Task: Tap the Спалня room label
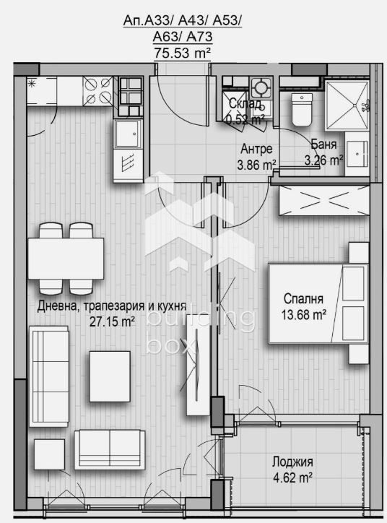tap(303, 298)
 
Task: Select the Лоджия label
tap(292, 462)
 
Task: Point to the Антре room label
tap(256, 150)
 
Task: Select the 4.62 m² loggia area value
tap(292, 477)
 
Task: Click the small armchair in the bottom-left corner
tap(49, 453)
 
